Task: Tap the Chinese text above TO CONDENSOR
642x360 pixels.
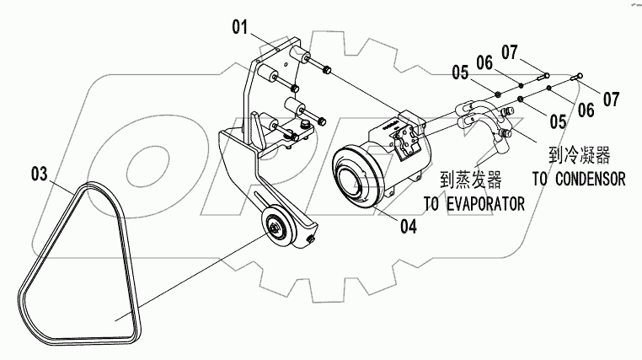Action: coord(578,155)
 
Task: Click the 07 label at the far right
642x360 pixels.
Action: coord(611,99)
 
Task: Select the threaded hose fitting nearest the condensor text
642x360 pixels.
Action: coord(506,132)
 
